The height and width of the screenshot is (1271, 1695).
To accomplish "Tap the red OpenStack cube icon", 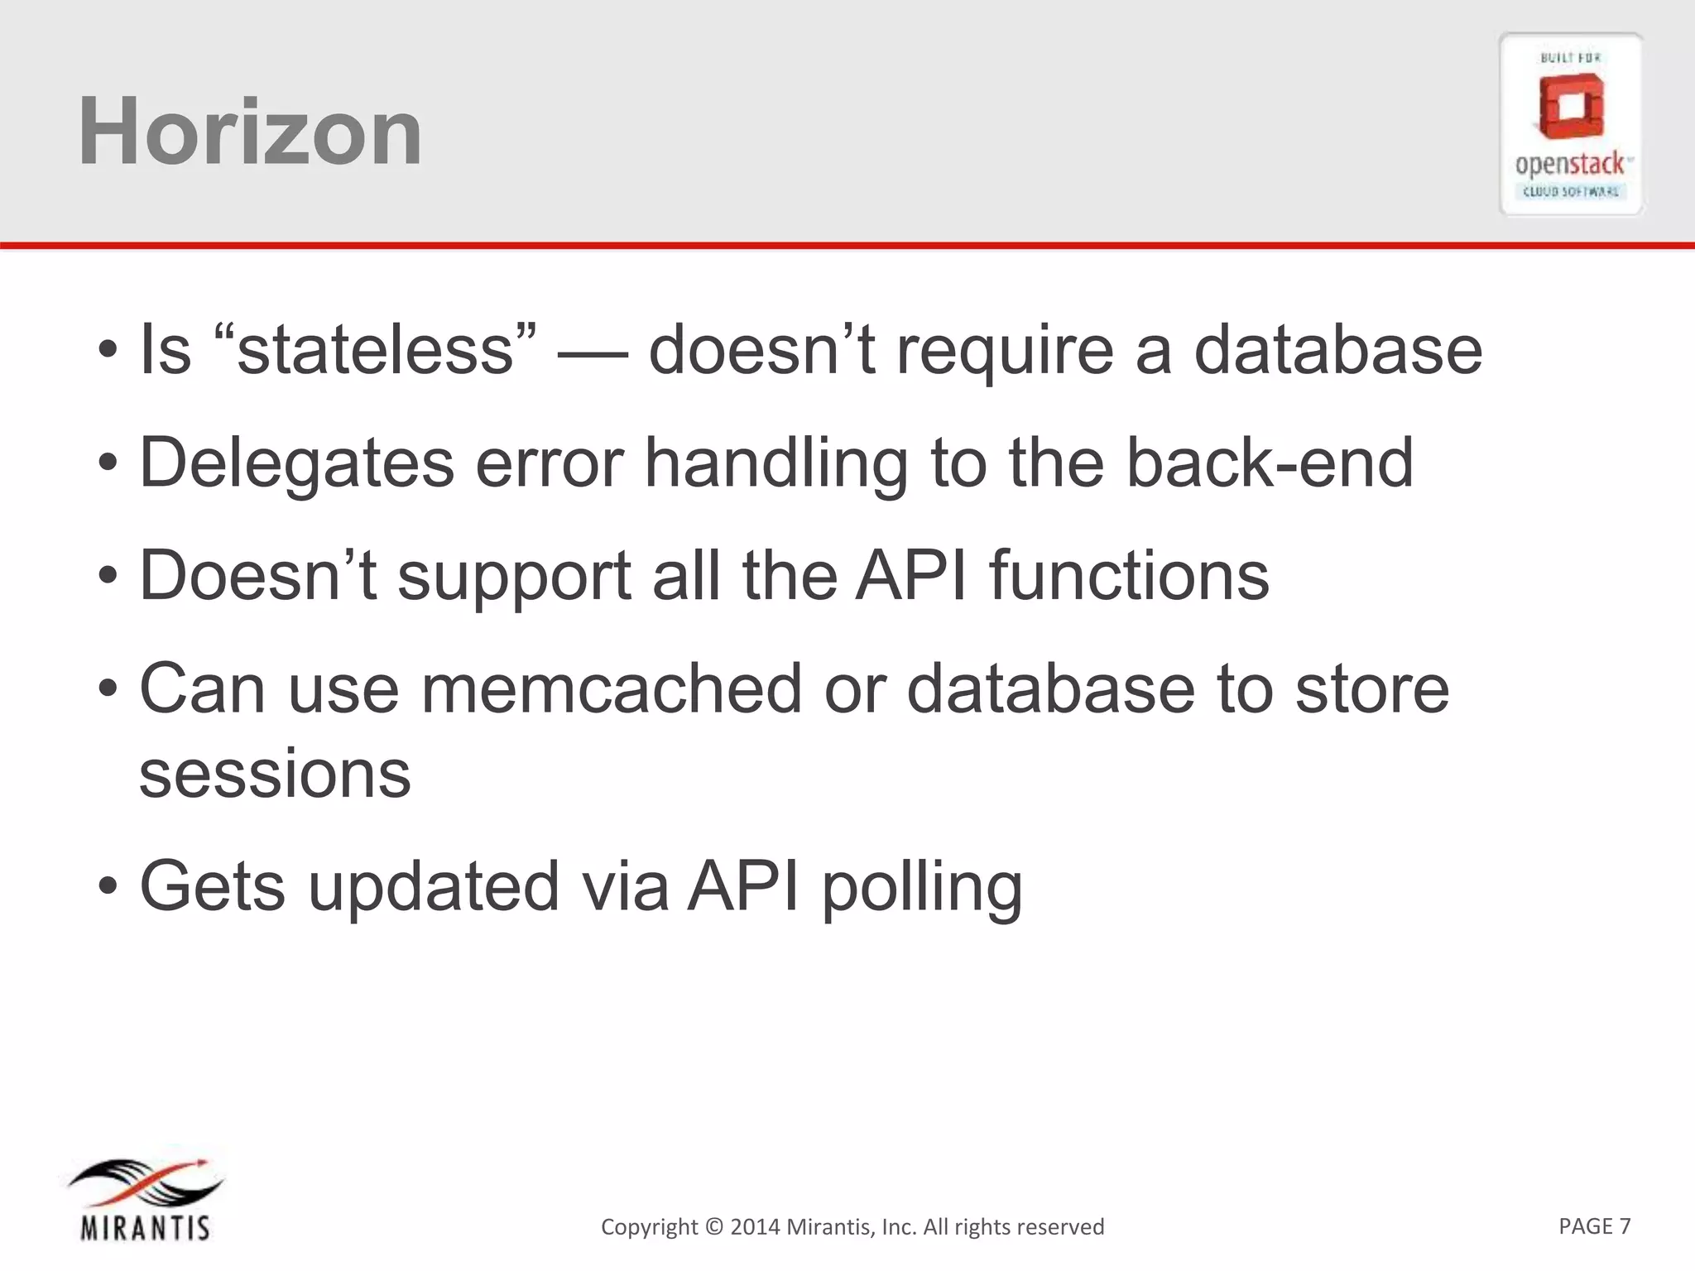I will click(x=1570, y=108).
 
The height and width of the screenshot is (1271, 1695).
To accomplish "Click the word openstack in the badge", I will click(x=1570, y=165).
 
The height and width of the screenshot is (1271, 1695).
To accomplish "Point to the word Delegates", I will click(x=296, y=463).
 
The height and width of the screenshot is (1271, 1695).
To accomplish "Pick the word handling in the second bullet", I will click(x=775, y=463).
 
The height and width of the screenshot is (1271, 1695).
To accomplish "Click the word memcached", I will click(x=611, y=688).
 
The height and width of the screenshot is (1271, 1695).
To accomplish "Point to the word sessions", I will click(x=275, y=775).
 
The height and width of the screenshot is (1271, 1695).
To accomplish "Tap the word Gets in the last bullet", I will click(x=213, y=886).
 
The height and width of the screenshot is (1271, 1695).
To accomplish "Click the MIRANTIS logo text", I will click(x=145, y=1227).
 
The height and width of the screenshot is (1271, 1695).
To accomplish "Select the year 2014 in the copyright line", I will click(x=755, y=1226).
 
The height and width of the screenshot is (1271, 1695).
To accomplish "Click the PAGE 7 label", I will click(x=1594, y=1225).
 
